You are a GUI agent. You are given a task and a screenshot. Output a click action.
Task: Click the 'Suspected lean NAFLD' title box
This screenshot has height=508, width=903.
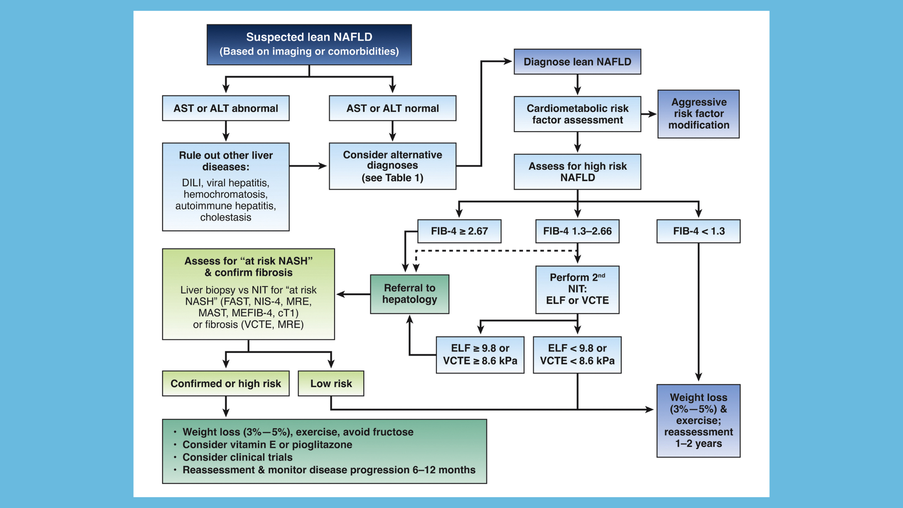pyautogui.click(x=309, y=45)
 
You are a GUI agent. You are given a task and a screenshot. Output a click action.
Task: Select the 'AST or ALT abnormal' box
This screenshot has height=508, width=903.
pyautogui.click(x=226, y=108)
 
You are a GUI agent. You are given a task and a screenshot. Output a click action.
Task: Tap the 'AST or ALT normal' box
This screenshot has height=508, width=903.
pyautogui.click(x=393, y=108)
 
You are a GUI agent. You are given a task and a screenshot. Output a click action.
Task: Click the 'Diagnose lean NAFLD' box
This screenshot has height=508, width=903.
pyautogui.click(x=578, y=62)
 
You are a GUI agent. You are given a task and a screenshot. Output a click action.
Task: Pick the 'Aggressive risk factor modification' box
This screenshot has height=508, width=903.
pyautogui.click(x=698, y=114)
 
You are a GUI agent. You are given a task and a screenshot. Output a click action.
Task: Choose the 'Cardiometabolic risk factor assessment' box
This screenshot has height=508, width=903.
pyautogui.click(x=578, y=114)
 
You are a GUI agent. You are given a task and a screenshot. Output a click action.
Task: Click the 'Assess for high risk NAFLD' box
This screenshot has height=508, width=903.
pyautogui.click(x=578, y=172)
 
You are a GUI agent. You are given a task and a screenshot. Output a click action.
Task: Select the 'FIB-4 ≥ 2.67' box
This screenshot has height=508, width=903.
pyautogui.click(x=459, y=231)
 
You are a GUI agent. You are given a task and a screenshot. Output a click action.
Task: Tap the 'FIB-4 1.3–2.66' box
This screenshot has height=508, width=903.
pyautogui.click(x=578, y=231)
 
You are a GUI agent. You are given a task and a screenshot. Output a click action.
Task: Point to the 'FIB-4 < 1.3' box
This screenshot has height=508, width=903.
pyautogui.click(x=698, y=231)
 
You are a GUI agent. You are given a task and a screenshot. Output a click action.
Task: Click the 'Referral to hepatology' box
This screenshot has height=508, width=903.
pyautogui.click(x=410, y=294)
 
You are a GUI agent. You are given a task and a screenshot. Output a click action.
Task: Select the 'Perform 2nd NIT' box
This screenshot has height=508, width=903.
pyautogui.click(x=578, y=290)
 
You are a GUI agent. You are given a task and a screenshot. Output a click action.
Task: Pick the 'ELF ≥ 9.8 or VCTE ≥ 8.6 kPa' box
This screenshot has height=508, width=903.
pyautogui.click(x=480, y=355)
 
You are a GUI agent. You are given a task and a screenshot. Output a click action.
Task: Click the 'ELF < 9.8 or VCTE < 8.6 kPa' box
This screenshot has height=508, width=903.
pyautogui.click(x=577, y=355)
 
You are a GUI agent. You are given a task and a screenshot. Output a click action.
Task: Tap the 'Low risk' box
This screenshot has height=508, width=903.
pyautogui.click(x=331, y=383)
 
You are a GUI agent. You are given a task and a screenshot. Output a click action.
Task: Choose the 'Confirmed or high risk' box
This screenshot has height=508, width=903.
pyautogui.click(x=226, y=383)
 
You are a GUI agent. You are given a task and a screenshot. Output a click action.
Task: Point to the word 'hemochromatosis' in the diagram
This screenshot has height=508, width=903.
pyautogui.click(x=225, y=194)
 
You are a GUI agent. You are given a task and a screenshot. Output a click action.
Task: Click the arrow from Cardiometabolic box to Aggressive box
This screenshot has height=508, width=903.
pyautogui.click(x=649, y=114)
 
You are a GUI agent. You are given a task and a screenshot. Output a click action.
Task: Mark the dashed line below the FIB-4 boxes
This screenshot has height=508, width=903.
pyautogui.click(x=497, y=251)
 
